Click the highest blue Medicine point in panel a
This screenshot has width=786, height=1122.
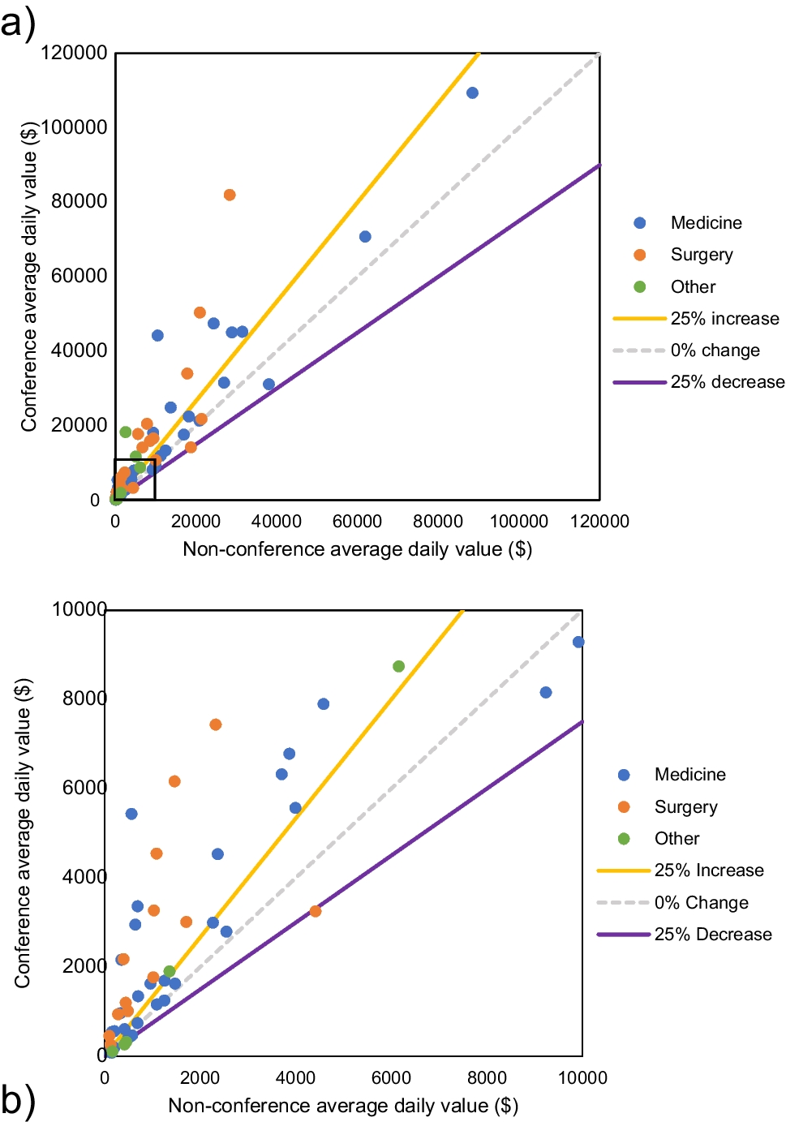pyautogui.click(x=472, y=93)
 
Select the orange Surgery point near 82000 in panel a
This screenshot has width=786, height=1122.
pyautogui.click(x=230, y=195)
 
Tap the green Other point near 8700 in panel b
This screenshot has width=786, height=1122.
pyautogui.click(x=398, y=666)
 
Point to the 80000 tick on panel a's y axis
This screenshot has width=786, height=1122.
pyautogui.click(x=79, y=201)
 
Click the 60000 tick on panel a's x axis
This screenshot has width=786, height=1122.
pyautogui.click(x=358, y=521)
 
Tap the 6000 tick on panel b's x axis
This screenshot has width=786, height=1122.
pyautogui.click(x=391, y=1077)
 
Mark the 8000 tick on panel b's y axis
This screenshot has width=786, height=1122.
pyautogui.click(x=84, y=699)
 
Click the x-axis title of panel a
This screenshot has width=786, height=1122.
pyautogui.click(x=357, y=549)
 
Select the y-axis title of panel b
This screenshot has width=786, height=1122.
pyautogui.click(x=23, y=832)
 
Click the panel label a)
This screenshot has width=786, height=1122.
pyautogui.click(x=18, y=23)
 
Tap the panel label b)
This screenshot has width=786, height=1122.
pyautogui.click(x=18, y=1100)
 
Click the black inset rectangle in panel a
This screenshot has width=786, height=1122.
pyautogui.click(x=154, y=479)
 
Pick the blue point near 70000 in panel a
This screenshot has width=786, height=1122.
pyautogui.click(x=365, y=237)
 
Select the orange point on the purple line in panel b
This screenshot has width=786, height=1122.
pyautogui.click(x=316, y=911)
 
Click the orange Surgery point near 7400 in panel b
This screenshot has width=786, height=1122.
pyautogui.click(x=215, y=724)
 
